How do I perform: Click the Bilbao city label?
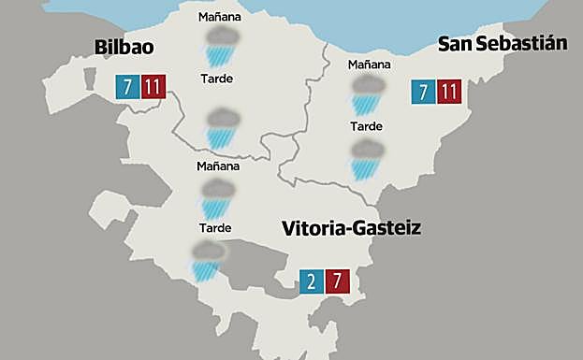[x=124, y=48]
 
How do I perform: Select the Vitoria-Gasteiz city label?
[x=351, y=227]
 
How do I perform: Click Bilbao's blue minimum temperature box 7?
[x=125, y=87]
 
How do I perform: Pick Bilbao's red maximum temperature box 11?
[x=152, y=87]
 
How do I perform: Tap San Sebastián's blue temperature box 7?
[x=424, y=92]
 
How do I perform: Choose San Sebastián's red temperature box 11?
[x=450, y=92]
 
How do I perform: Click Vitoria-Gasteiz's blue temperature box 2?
[x=312, y=281]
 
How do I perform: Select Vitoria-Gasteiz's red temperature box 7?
[x=338, y=281]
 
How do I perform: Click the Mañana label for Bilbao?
[x=220, y=17]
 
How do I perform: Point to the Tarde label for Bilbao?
[x=217, y=79]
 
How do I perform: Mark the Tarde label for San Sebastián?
[x=366, y=126]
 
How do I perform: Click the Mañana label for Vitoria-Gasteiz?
[x=218, y=166]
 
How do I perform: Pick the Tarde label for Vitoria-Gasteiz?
[x=215, y=227]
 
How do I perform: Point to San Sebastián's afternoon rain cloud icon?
[x=366, y=158]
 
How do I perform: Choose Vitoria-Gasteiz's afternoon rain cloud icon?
[x=207, y=260]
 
